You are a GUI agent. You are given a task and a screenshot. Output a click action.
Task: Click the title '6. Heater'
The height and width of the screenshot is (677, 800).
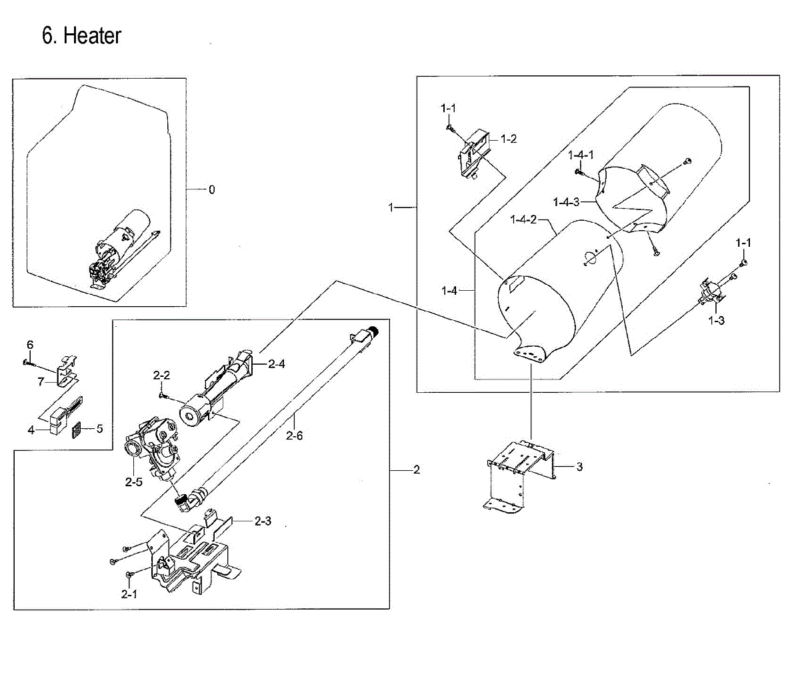click(x=81, y=35)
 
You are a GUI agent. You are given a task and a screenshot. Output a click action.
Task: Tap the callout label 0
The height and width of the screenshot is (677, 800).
click(x=212, y=190)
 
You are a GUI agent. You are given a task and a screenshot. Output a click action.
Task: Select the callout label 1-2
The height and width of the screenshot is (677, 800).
click(x=509, y=139)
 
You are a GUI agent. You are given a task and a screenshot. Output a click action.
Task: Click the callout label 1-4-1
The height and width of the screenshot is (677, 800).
click(x=581, y=155)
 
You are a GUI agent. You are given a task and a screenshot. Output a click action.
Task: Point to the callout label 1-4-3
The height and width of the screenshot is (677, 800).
click(x=567, y=202)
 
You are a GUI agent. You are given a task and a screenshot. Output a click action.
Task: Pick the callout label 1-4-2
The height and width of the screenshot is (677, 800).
click(x=523, y=219)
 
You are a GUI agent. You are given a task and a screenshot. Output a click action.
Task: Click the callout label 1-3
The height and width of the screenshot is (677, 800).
click(x=717, y=321)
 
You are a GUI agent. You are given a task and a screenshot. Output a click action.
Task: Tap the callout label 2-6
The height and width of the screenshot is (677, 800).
click(x=294, y=436)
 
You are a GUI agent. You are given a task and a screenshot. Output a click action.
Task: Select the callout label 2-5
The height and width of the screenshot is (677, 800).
click(x=133, y=483)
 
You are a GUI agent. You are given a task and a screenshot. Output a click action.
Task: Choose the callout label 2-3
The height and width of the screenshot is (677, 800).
click(x=263, y=521)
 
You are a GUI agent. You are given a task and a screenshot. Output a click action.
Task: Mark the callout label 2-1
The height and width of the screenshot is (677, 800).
click(x=129, y=594)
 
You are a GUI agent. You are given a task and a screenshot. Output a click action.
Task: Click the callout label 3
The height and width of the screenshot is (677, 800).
click(x=579, y=467)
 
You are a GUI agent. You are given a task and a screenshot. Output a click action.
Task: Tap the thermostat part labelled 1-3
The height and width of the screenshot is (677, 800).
click(x=709, y=292)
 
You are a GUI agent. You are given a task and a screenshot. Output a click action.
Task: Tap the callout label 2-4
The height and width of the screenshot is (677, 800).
click(x=277, y=364)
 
